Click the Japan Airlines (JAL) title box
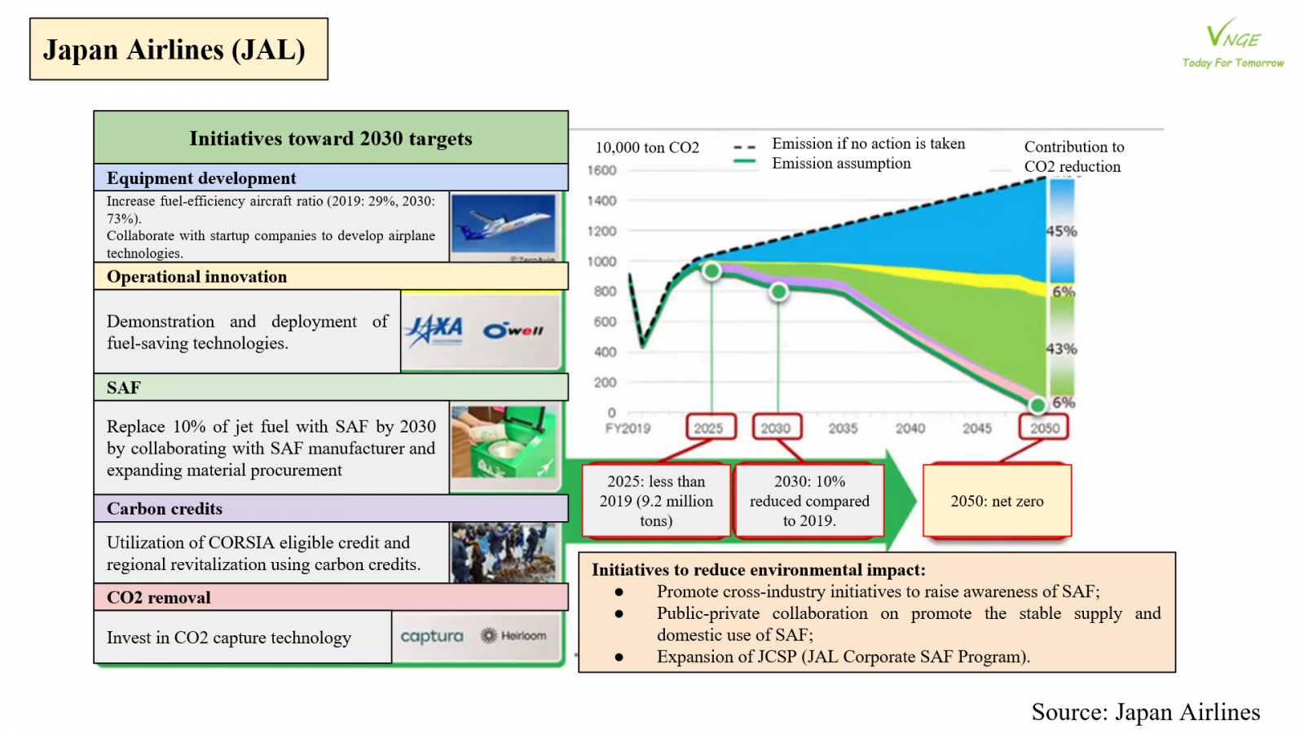[x=178, y=50]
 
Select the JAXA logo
[x=434, y=330]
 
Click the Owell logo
[x=513, y=330]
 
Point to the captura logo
[x=431, y=636]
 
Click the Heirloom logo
[x=514, y=635]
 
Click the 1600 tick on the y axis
[x=601, y=170]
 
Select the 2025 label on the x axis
[x=708, y=428]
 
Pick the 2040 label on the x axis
[x=910, y=428]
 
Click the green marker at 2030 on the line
[x=779, y=291]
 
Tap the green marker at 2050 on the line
[x=1037, y=404]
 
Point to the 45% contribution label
[x=1061, y=230]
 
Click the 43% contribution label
[x=1061, y=349]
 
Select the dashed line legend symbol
[x=744, y=147]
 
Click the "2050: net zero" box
[x=997, y=501]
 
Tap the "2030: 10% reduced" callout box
[x=809, y=501]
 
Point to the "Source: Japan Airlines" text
[x=1145, y=712]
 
